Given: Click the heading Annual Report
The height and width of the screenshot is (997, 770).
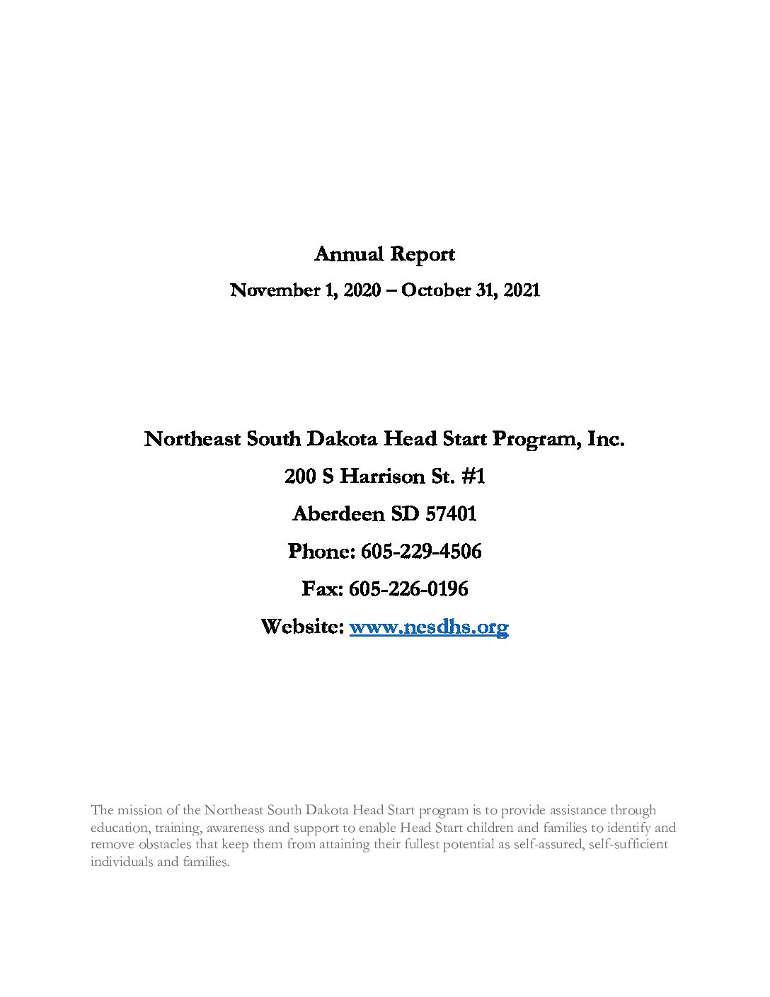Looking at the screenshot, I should click(x=384, y=254).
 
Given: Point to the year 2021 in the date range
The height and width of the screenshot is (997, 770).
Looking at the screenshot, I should click(x=522, y=290).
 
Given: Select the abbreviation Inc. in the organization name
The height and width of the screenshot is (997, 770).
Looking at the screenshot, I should click(x=606, y=439).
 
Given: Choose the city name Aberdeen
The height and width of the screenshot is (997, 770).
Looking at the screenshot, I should click(x=336, y=514).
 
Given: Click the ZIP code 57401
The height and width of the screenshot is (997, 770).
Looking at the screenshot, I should click(x=451, y=514).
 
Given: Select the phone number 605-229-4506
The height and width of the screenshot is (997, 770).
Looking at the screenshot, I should click(x=421, y=552).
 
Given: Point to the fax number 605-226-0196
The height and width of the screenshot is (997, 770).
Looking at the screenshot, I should click(x=409, y=589).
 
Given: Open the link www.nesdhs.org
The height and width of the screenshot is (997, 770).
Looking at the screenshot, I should click(x=429, y=627).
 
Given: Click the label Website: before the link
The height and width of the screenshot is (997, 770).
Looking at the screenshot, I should click(x=302, y=627).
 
